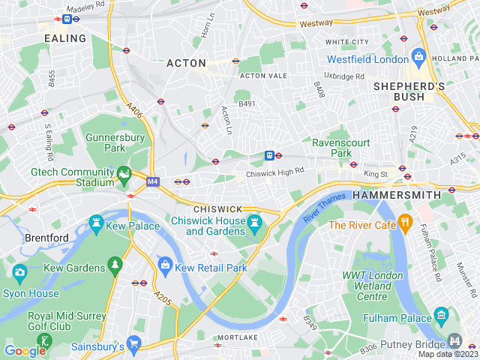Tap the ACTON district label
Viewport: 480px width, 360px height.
(186, 63)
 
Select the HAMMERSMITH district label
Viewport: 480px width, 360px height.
(396, 194)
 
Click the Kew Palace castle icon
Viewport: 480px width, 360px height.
(95, 223)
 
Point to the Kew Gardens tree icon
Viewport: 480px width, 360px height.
(115, 264)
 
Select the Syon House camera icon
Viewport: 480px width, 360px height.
(19, 271)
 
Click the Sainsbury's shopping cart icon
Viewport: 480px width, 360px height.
(134, 343)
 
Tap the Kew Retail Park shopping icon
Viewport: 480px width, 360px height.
(165, 264)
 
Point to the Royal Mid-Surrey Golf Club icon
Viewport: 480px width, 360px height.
(45, 343)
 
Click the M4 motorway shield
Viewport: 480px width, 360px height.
(153, 181)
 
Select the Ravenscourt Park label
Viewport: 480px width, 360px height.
(331, 147)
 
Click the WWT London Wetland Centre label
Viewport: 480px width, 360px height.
(373, 284)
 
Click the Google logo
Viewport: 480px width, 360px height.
(25, 350)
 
